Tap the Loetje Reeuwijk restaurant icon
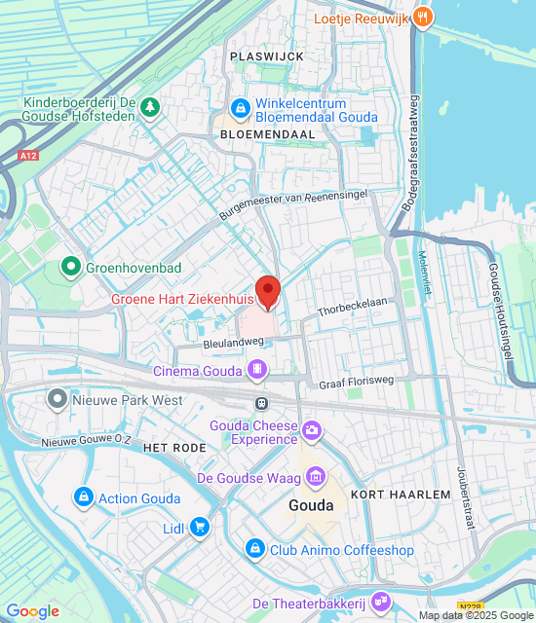click(422, 17)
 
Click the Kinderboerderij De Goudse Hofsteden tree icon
click(150, 106)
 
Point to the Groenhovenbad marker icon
click(70, 265)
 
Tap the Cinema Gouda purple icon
click(257, 369)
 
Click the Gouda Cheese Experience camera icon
click(312, 429)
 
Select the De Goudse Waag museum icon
click(316, 477)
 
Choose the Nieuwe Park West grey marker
click(57, 399)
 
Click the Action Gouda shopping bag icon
click(84, 497)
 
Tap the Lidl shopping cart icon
click(200, 527)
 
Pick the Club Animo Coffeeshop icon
click(255, 550)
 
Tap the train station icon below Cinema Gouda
click(261, 402)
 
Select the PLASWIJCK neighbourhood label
click(267, 56)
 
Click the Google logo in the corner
click(32, 610)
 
